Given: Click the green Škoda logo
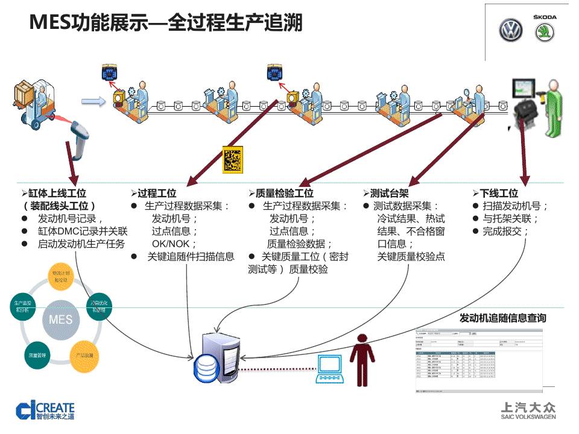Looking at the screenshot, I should point(544,31).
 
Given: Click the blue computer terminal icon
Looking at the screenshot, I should point(330,367).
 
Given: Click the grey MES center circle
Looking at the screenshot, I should point(60,319).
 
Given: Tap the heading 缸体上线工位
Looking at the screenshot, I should point(57,193).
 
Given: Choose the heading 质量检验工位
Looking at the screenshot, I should point(284,193).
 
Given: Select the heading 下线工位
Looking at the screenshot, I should point(499,193).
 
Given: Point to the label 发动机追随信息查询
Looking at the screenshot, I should point(502,318).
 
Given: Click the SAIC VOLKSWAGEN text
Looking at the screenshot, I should point(528,417).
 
